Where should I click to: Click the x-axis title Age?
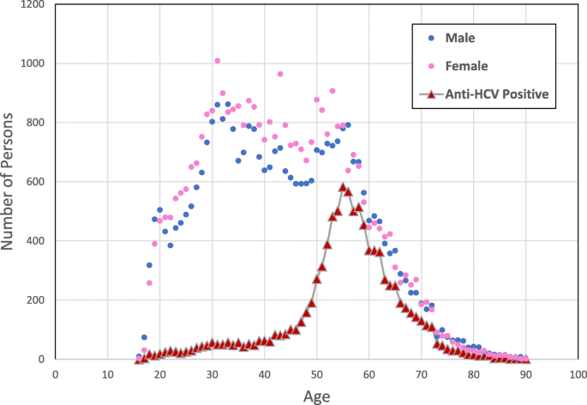[x=316, y=396]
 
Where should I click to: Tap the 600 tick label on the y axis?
[x=37, y=182]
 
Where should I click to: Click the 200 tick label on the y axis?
[x=37, y=300]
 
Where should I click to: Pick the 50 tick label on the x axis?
[x=316, y=374]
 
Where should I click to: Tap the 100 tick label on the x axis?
[x=578, y=374]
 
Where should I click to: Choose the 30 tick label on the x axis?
[x=212, y=374]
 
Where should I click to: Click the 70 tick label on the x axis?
[x=421, y=374]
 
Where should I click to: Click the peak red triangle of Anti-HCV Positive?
[x=343, y=186]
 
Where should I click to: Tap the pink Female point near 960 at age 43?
[x=280, y=75]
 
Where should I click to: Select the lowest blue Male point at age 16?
[x=139, y=356]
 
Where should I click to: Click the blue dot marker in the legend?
[x=431, y=38]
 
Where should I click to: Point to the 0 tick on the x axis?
[x=55, y=374]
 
